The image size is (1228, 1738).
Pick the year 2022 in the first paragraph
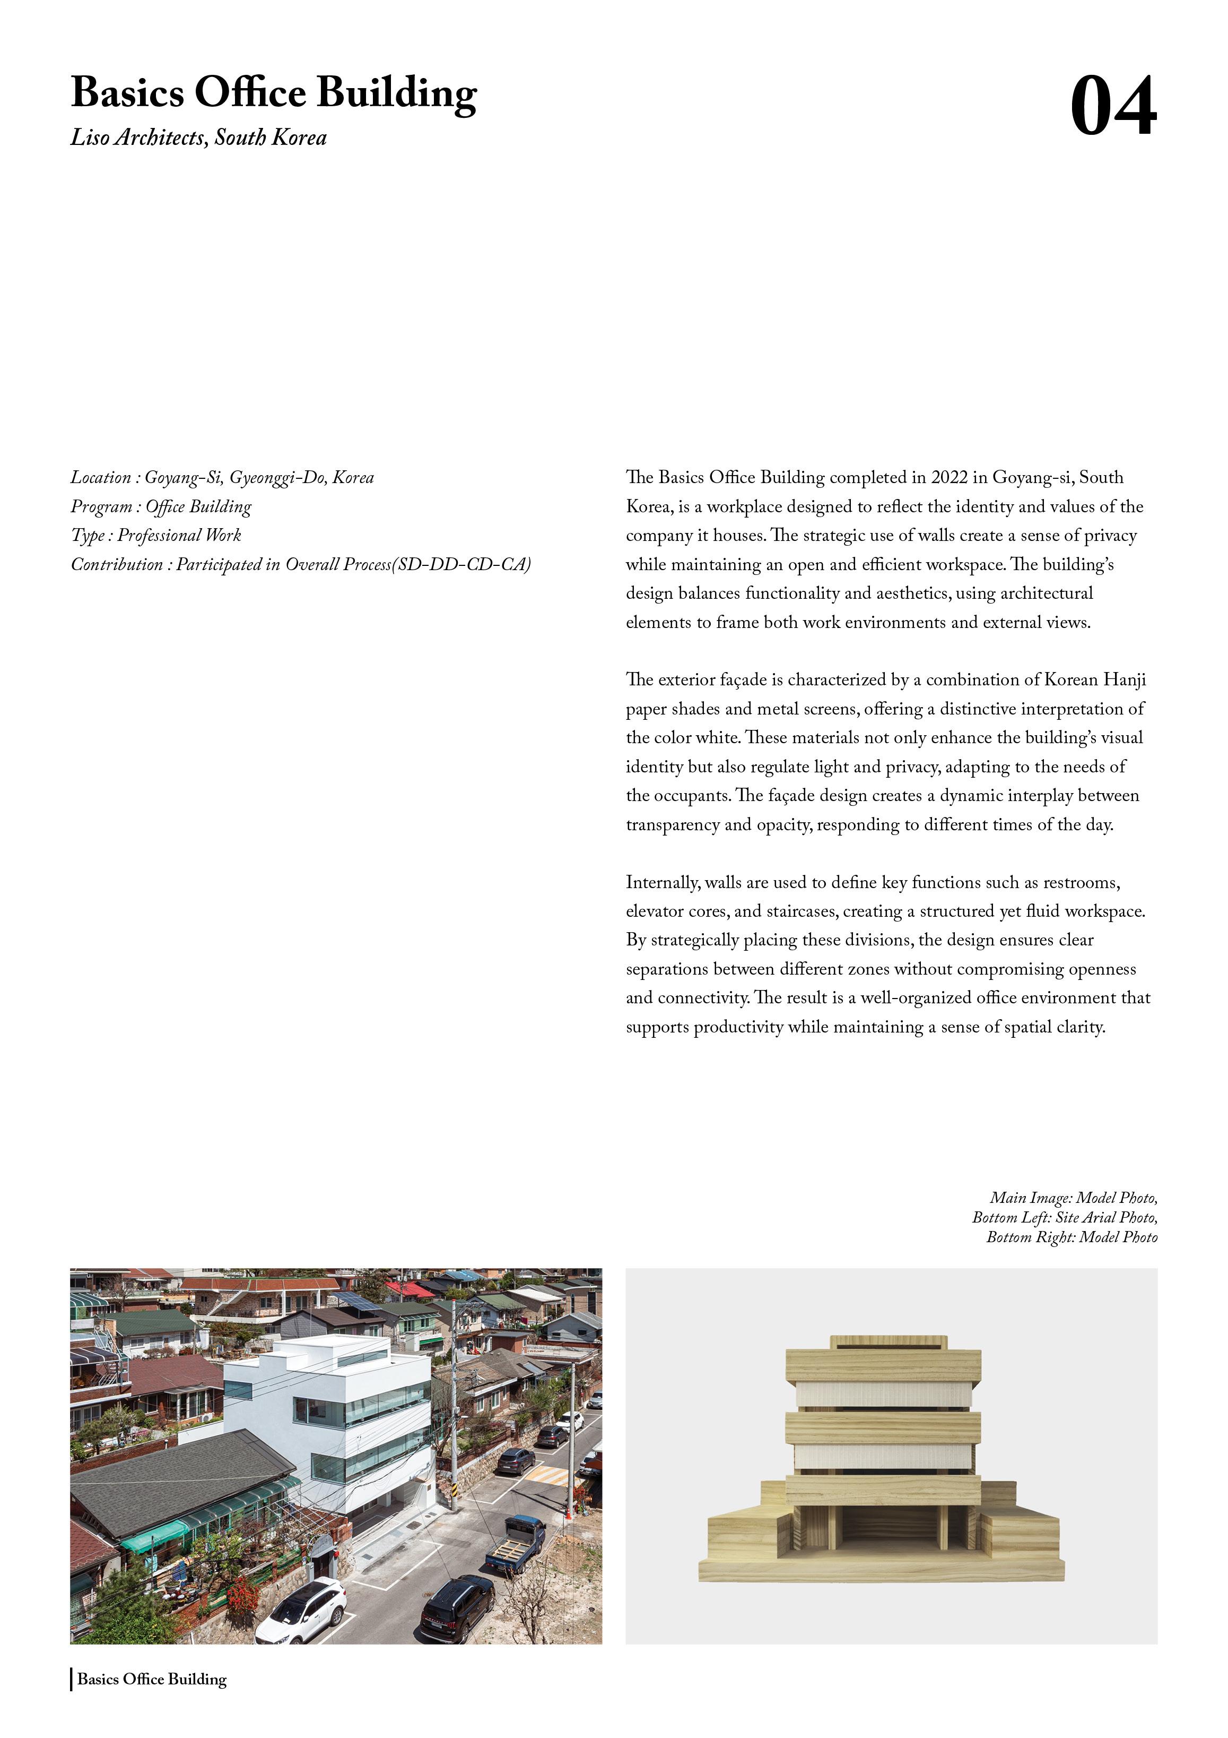(949, 478)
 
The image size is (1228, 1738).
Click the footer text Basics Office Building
(152, 1679)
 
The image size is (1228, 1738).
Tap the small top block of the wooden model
(889, 1342)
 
